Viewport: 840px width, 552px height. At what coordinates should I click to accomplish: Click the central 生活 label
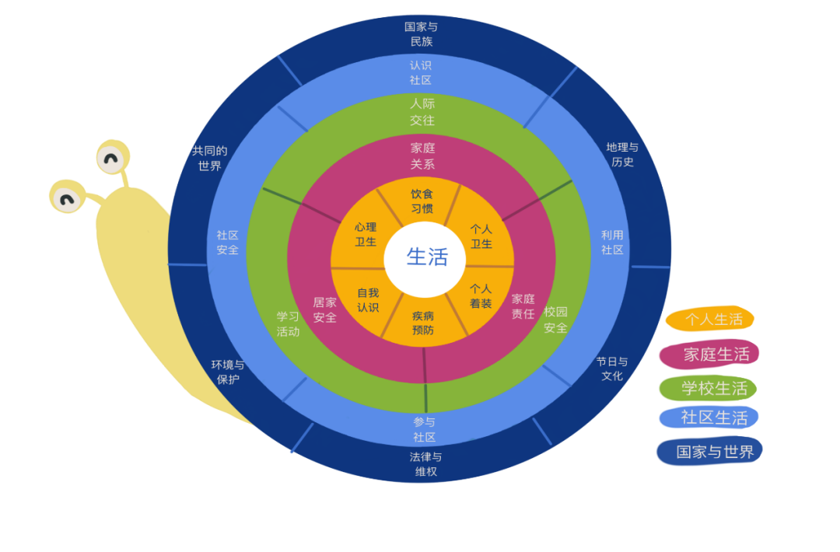pyautogui.click(x=427, y=257)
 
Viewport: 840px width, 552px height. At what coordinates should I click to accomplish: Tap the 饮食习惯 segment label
pyautogui.click(x=422, y=201)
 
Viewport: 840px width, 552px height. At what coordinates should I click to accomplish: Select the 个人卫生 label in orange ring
pyautogui.click(x=481, y=236)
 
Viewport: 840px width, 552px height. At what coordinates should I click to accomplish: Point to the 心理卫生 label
pyautogui.click(x=366, y=234)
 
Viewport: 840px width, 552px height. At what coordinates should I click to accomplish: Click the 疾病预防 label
pyautogui.click(x=423, y=323)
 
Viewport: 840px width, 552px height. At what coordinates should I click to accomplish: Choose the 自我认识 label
pyautogui.click(x=368, y=299)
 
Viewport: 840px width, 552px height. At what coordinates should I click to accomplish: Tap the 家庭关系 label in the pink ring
pyautogui.click(x=422, y=156)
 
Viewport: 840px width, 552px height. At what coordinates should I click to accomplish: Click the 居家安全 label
pyautogui.click(x=325, y=309)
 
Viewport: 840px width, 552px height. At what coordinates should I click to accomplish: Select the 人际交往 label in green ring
pyautogui.click(x=422, y=112)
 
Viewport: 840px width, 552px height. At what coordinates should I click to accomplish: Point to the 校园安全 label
pyautogui.click(x=555, y=320)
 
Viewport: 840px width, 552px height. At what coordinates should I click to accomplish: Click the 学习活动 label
pyautogui.click(x=288, y=324)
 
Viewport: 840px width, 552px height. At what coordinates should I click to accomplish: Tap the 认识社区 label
pyautogui.click(x=421, y=72)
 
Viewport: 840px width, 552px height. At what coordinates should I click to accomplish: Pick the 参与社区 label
pyautogui.click(x=424, y=429)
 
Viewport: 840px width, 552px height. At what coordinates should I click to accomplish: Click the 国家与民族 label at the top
pyautogui.click(x=421, y=34)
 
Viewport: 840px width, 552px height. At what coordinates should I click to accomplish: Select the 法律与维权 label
pyautogui.click(x=425, y=464)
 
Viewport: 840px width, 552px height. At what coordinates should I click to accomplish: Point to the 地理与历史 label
pyautogui.click(x=622, y=155)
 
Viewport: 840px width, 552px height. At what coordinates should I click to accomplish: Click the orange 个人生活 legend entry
pyautogui.click(x=711, y=319)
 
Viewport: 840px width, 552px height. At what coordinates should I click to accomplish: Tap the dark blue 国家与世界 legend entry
pyautogui.click(x=710, y=452)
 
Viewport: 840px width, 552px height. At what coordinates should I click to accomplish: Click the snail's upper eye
pyautogui.click(x=112, y=159)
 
